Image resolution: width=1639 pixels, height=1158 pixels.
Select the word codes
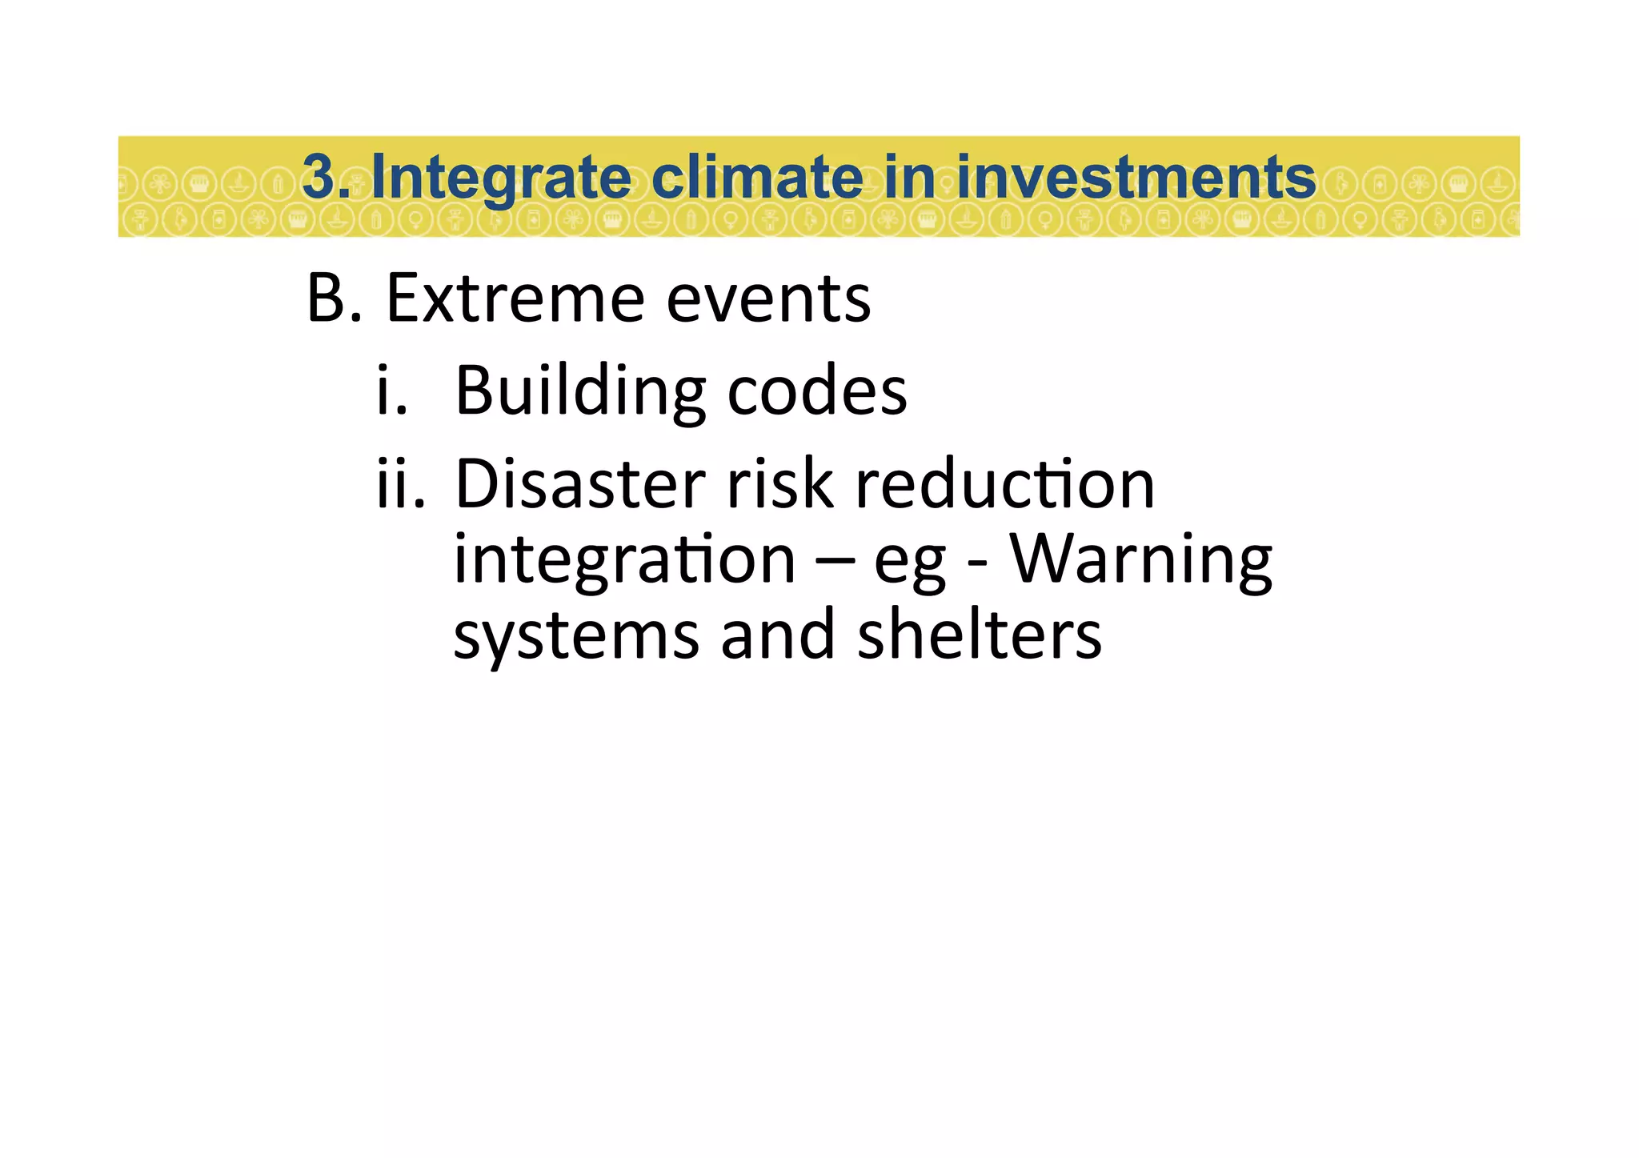[817, 391]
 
